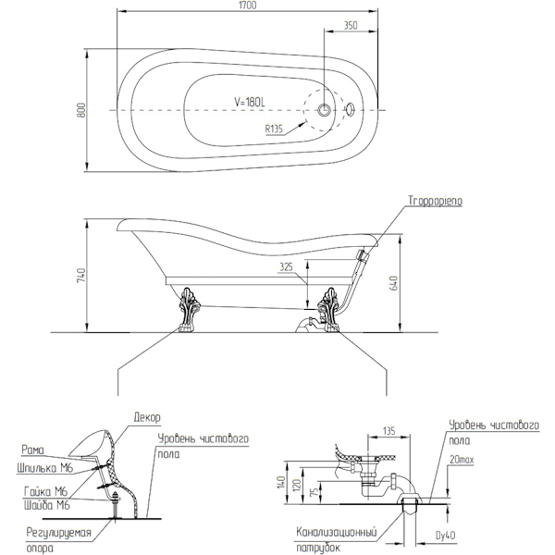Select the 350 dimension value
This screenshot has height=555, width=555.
tap(349, 27)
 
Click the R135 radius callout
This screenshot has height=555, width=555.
tap(273, 129)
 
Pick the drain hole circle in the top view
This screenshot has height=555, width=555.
tap(325, 110)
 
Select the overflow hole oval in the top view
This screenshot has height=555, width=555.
tap(350, 110)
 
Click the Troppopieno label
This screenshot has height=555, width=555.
tap(434, 200)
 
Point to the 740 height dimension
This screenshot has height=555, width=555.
tap(82, 275)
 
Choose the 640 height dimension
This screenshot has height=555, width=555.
tap(394, 283)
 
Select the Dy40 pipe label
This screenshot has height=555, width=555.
tap(445, 535)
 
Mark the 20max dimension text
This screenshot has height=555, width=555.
tap(462, 460)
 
